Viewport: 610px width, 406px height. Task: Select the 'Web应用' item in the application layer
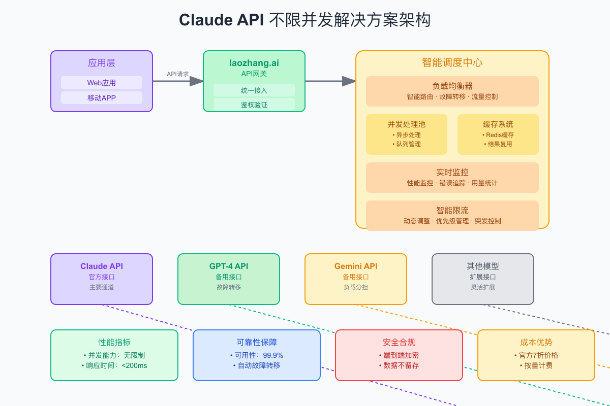[x=102, y=83]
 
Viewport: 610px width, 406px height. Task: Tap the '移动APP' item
[x=102, y=98]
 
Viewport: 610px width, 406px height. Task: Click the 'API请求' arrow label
[x=178, y=74]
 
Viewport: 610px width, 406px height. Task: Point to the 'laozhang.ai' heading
[x=254, y=63]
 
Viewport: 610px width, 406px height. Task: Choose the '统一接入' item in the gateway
[x=254, y=90]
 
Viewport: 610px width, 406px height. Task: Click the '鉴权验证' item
[x=254, y=105]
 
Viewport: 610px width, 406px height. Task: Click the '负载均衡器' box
[x=452, y=91]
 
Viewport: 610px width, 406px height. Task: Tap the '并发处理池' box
[x=407, y=134]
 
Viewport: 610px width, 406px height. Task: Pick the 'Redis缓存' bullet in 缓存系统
[x=498, y=135]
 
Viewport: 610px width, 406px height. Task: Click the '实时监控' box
[x=452, y=178]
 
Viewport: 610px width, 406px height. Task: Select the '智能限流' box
[x=452, y=216]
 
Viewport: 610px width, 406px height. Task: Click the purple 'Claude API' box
[x=102, y=279]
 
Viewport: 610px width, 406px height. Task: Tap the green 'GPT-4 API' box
[x=229, y=279]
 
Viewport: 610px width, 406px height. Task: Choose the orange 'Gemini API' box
[x=356, y=279]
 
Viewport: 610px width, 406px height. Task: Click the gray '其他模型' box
[x=483, y=279]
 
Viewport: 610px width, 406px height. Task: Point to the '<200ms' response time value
[x=134, y=365]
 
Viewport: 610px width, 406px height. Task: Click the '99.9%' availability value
[x=273, y=355]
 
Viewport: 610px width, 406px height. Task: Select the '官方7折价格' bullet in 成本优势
[x=536, y=355]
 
